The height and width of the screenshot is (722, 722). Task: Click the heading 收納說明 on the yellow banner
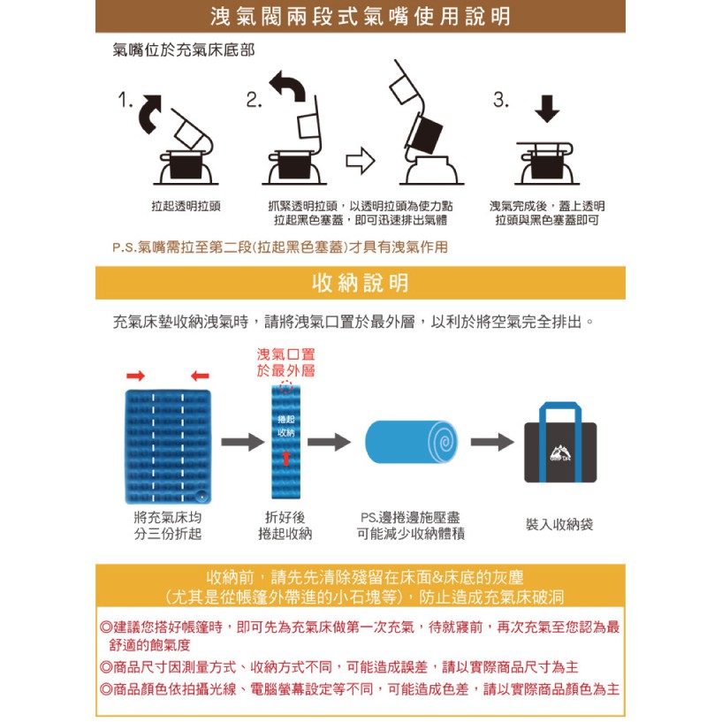pos(360,283)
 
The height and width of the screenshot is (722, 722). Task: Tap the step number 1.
pos(125,100)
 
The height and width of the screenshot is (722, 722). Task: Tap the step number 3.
pos(501,100)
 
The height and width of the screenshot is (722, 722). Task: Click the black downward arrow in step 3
pos(547,109)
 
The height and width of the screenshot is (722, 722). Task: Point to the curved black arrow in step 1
pos(150,113)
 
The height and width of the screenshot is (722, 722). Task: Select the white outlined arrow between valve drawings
pos(361,161)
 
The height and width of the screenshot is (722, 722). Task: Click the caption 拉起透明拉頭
pos(186,206)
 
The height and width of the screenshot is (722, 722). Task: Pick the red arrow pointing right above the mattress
pos(136,376)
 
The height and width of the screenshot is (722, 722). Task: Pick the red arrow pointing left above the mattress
pos(200,376)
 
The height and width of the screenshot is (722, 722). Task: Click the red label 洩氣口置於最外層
pos(286,362)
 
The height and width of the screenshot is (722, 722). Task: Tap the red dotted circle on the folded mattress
pos(286,387)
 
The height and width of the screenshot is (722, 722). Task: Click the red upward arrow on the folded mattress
pos(286,458)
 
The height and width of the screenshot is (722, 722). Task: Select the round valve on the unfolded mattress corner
pos(201,497)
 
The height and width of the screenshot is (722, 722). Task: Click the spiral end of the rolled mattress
pos(443,443)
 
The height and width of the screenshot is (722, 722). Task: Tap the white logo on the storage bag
pos(560,453)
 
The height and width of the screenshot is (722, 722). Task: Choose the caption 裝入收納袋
pos(559,524)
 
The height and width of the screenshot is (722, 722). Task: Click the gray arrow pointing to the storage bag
pos(492,442)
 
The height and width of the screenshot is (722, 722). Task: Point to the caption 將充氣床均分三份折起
pos(168,526)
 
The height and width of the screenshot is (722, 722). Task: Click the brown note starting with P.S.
pos(280,247)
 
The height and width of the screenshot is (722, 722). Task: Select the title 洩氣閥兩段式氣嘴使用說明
pos(361,17)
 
